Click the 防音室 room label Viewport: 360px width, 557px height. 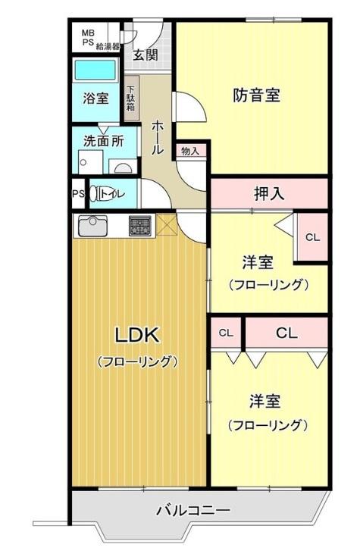click(x=257, y=95)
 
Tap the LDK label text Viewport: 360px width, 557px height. click(x=137, y=335)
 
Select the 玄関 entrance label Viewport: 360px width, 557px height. click(x=145, y=55)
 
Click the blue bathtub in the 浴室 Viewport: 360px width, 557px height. click(x=95, y=70)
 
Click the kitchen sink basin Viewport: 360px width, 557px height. click(x=92, y=226)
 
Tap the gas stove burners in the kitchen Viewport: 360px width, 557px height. click(x=139, y=226)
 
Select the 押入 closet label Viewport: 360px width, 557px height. click(x=269, y=193)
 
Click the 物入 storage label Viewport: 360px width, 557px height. click(x=190, y=151)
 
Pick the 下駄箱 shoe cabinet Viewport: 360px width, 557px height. click(x=131, y=99)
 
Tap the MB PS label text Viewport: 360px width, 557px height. click(x=88, y=37)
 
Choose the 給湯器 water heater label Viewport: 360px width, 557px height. click(x=108, y=46)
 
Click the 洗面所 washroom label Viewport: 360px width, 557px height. click(x=103, y=141)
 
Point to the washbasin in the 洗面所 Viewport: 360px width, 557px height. click(x=124, y=167)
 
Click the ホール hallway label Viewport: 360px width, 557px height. click(x=158, y=137)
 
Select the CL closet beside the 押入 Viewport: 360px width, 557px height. click(x=312, y=237)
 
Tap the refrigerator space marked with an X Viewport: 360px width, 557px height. click(x=167, y=224)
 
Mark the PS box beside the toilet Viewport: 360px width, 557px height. click(x=79, y=194)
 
